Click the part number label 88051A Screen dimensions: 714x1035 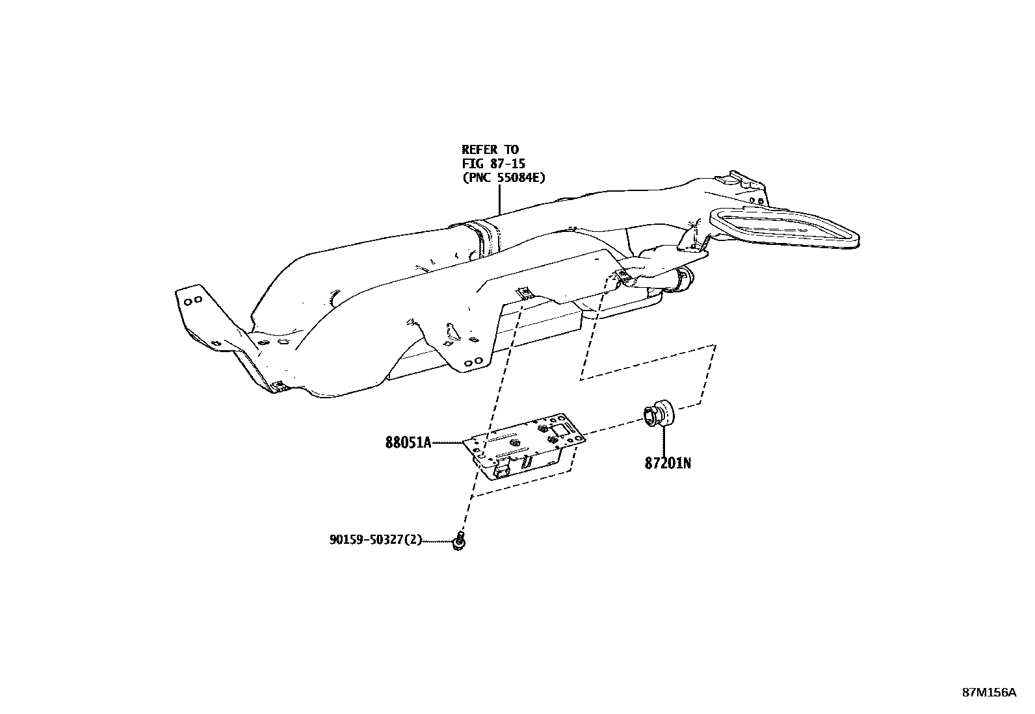pyautogui.click(x=408, y=443)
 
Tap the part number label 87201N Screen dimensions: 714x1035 pyautogui.click(x=668, y=464)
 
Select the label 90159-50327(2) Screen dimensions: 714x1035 pyautogui.click(x=376, y=539)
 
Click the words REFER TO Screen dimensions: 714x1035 pyautogui.click(x=490, y=150)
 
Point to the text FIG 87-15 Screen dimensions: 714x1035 pyautogui.click(x=493, y=163)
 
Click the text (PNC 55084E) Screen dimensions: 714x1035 pyautogui.click(x=503, y=177)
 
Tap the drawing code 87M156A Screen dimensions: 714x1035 pyautogui.click(x=989, y=693)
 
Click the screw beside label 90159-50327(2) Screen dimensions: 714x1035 pyautogui.click(x=459, y=541)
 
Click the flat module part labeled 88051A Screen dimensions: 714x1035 pyautogui.click(x=523, y=448)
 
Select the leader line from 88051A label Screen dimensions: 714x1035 pyautogui.click(x=449, y=443)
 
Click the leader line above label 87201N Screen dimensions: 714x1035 pyautogui.click(x=664, y=441)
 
